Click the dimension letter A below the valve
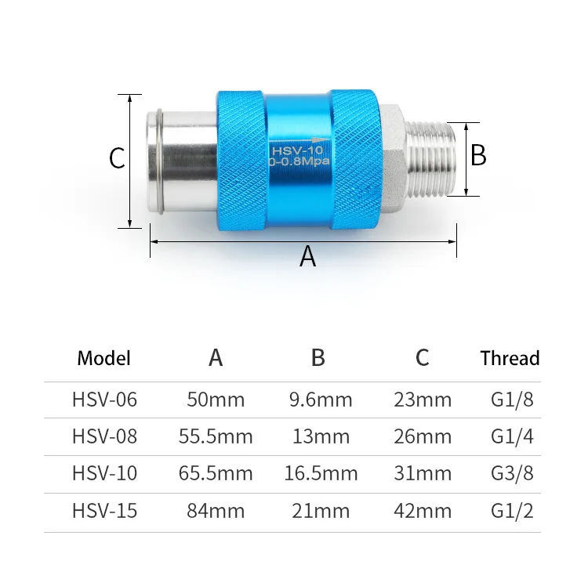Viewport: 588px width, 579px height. point(307,256)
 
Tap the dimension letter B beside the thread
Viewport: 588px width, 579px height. point(478,155)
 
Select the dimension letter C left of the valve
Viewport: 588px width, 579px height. point(117,159)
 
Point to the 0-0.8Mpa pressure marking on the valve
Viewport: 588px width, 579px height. point(298,161)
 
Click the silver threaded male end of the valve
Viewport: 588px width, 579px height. point(435,159)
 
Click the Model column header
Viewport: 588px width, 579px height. point(104,359)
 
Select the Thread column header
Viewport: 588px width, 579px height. point(510,359)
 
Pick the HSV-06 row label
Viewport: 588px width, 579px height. point(104,400)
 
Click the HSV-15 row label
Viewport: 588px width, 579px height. point(104,512)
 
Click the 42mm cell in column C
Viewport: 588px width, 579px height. point(423,512)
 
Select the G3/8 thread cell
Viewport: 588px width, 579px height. point(512,474)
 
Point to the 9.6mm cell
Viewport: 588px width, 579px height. point(321,400)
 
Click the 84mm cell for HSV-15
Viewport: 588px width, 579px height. point(216,512)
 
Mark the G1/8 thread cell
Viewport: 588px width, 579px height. point(512,400)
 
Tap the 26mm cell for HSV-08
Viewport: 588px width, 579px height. point(423,436)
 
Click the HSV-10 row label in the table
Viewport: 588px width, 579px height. point(104,474)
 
